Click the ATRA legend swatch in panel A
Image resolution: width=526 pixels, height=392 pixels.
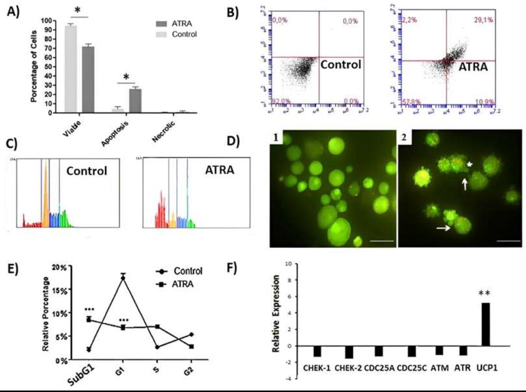[x=161, y=23]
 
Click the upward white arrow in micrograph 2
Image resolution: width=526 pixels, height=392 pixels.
[x=464, y=186]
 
